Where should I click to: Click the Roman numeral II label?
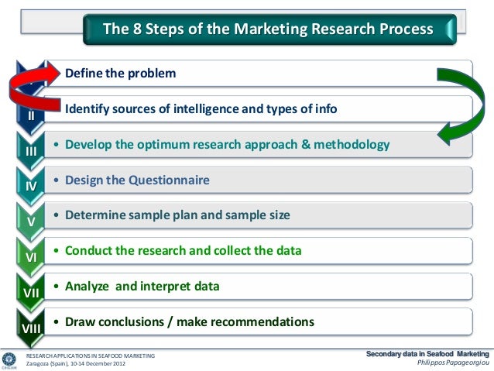pos(32,115)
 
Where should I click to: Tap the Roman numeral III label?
pos(32,151)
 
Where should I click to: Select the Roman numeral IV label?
pos(32,187)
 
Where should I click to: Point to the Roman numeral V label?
pos(32,222)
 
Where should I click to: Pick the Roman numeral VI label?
pos(32,256)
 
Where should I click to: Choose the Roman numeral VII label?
pos(32,292)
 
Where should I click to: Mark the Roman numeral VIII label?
pos(32,328)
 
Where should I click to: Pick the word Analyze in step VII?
pos(88,286)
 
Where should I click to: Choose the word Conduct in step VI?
pos(92,251)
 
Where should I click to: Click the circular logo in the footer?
pos(9,359)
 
